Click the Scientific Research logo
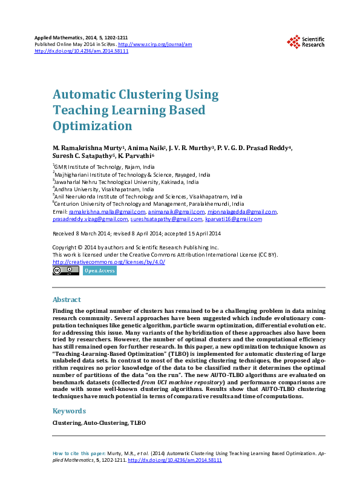pos(306,41)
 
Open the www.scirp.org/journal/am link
pos(155,44)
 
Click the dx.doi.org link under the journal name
pos(82,51)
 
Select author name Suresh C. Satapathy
pos(83,156)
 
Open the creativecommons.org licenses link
pos(109,262)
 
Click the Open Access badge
pos(99,271)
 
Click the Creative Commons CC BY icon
pos(65,271)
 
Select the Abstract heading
pos(67,300)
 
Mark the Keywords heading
pos(68,410)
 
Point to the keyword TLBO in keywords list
pos(138,422)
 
